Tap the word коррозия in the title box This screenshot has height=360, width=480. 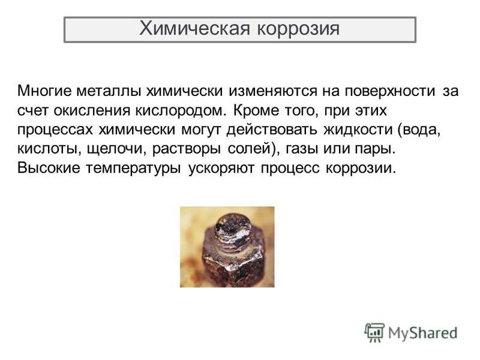pyautogui.click(x=299, y=29)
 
